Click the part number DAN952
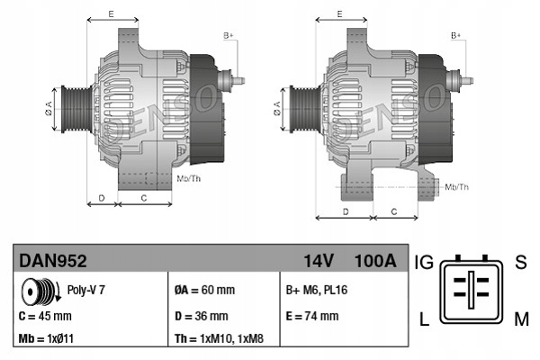(53, 261)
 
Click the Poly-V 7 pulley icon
(39, 292)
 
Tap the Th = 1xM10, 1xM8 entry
(219, 339)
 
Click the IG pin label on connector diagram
(425, 263)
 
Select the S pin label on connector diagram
(519, 263)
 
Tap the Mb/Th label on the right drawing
(456, 186)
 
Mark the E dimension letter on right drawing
(339, 13)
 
